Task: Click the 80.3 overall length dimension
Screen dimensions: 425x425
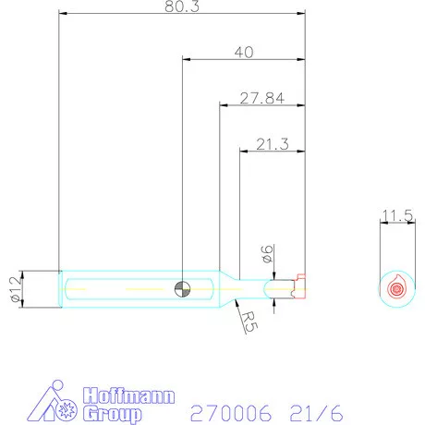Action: pyautogui.click(x=182, y=6)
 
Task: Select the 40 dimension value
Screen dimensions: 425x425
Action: pyautogui.click(x=244, y=53)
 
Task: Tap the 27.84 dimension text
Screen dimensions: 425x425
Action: pyautogui.click(x=262, y=98)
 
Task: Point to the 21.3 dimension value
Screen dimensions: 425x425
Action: pyautogui.click(x=273, y=144)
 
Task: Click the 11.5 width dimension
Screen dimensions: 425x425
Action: pyautogui.click(x=397, y=215)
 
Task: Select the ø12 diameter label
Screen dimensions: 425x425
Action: pyautogui.click(x=16, y=289)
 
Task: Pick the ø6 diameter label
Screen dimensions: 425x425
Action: pyautogui.click(x=267, y=254)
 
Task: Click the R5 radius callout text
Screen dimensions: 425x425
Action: pyautogui.click(x=249, y=322)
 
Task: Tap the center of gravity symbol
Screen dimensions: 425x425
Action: pyautogui.click(x=182, y=289)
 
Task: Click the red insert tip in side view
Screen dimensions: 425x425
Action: pyautogui.click(x=299, y=286)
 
